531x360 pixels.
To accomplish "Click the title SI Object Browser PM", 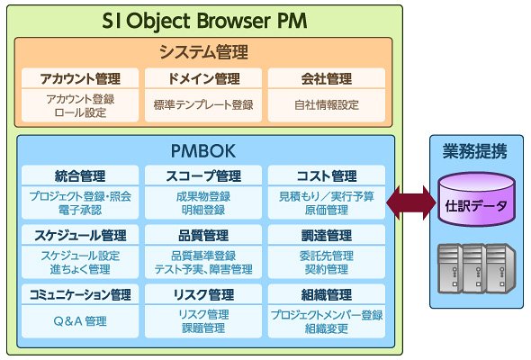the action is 204,21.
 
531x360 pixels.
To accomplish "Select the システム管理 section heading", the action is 203,52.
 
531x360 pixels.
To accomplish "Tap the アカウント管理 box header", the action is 80,78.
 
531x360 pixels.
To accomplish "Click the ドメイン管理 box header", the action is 203,78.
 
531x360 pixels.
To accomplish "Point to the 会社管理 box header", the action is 327,78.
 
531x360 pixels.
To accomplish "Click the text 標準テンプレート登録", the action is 203,105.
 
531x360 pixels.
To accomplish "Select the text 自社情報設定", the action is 327,105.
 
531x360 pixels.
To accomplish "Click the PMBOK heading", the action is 203,150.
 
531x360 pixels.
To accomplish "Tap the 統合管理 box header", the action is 80,175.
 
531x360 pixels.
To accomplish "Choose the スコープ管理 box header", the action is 203,175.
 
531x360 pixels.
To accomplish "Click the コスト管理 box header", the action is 327,175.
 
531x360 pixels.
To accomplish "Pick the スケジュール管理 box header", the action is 80,235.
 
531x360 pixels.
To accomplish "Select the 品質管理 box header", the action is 203,235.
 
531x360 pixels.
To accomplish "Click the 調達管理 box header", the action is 327,235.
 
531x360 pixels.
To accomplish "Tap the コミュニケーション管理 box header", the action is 80,294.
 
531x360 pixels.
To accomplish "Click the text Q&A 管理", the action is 80,321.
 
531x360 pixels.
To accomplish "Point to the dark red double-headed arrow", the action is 411,202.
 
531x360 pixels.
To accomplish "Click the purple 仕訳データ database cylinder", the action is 477,200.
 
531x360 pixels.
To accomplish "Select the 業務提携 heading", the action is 475,151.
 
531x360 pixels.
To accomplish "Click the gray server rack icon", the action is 476,268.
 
